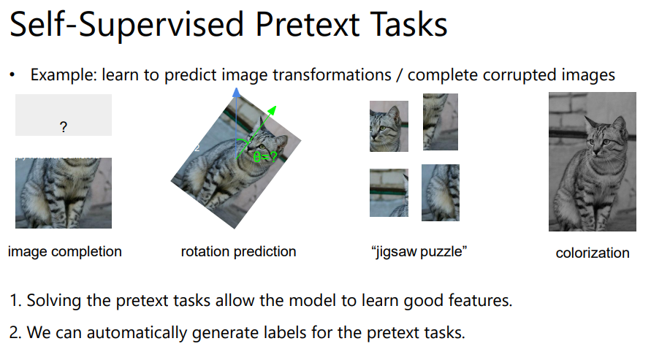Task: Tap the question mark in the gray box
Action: pyautogui.click(x=63, y=127)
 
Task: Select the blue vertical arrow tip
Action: pyautogui.click(x=236, y=92)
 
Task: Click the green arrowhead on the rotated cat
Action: pyautogui.click(x=272, y=110)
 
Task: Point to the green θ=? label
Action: pyautogui.click(x=265, y=157)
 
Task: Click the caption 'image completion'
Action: pyautogui.click(x=65, y=252)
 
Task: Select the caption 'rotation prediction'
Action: pyautogui.click(x=238, y=251)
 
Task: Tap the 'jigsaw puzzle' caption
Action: pyautogui.click(x=419, y=252)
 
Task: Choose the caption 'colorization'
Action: pyautogui.click(x=593, y=253)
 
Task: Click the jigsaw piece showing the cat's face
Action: pyautogui.click(x=389, y=126)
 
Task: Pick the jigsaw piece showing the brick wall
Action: pyautogui.click(x=389, y=193)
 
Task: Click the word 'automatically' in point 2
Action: pyautogui.click(x=137, y=333)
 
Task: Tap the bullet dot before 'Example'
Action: pyautogui.click(x=12, y=75)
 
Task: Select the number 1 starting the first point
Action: pyautogui.click(x=14, y=301)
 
